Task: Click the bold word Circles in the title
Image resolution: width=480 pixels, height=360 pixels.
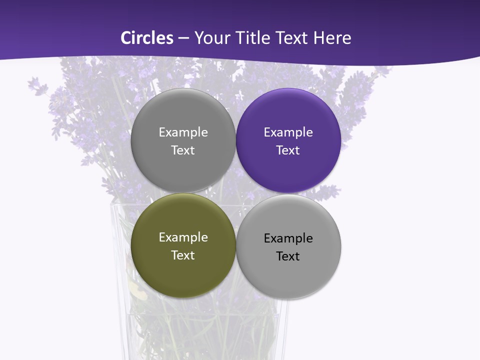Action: (x=147, y=38)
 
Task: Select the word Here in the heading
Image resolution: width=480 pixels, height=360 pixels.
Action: (x=332, y=38)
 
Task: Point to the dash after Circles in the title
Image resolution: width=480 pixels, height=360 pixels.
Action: (x=183, y=38)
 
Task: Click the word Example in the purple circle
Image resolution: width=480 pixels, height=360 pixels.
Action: (x=288, y=132)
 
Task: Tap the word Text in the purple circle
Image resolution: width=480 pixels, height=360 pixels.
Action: (x=288, y=150)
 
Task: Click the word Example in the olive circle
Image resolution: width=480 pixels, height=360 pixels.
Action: (x=183, y=237)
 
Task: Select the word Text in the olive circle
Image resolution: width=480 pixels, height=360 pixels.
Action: (x=183, y=255)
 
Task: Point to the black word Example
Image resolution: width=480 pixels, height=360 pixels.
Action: (x=288, y=238)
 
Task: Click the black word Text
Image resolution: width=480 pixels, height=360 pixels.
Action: (x=288, y=256)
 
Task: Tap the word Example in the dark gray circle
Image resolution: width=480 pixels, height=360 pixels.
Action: (x=183, y=132)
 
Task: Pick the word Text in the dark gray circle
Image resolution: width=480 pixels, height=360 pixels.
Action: (x=183, y=150)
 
